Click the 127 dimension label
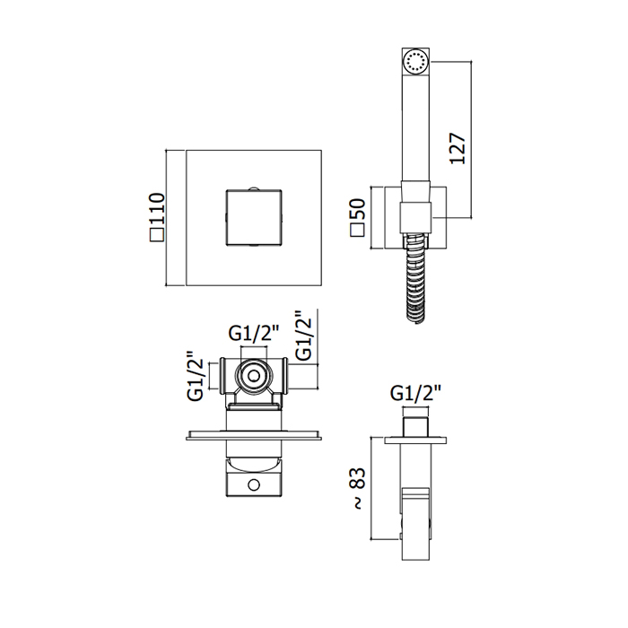(x=458, y=148)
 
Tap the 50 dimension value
(x=358, y=209)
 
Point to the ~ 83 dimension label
(x=358, y=488)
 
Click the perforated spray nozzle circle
(x=415, y=63)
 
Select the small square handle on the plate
(x=254, y=217)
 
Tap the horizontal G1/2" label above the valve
(x=254, y=333)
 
